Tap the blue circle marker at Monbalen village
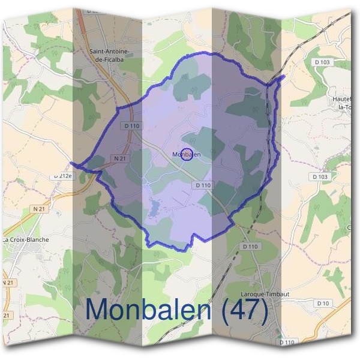point(186,154)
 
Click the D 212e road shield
point(62,176)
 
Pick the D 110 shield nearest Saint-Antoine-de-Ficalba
point(131,125)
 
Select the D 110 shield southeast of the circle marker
point(203,185)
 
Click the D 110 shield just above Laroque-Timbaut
point(250,247)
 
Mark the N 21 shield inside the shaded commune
point(118,158)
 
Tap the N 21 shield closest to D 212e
point(40,208)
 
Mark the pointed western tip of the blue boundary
point(72,163)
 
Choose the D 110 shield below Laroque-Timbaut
point(287,342)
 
